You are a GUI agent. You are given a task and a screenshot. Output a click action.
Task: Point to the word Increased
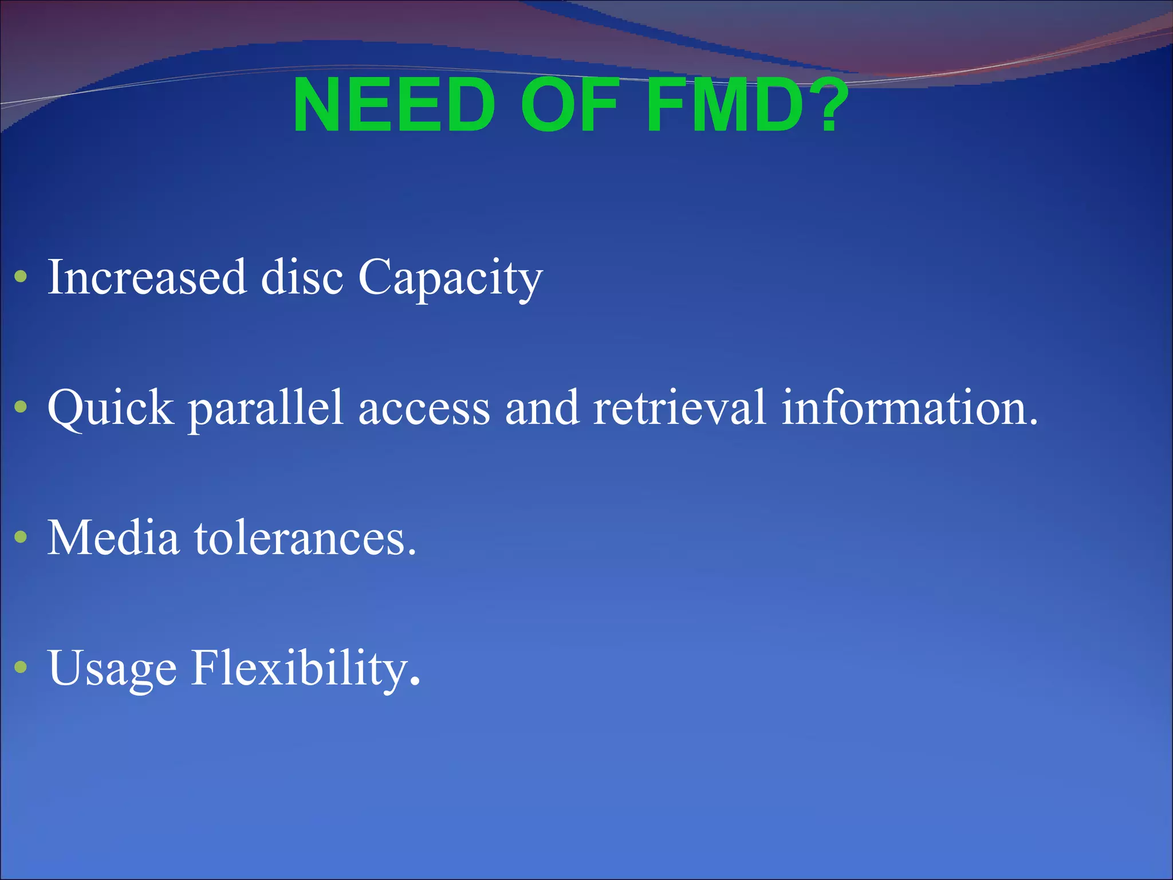(x=147, y=277)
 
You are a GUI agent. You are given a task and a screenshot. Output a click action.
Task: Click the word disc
(x=302, y=277)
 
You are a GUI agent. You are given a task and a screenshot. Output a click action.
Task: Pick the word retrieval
(x=679, y=408)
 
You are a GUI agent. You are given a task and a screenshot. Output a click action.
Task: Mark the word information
(x=909, y=408)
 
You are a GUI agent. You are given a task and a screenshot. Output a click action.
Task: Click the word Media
(x=113, y=538)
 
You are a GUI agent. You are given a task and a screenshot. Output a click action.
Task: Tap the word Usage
(x=112, y=669)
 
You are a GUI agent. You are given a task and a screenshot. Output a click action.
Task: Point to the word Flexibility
(x=305, y=669)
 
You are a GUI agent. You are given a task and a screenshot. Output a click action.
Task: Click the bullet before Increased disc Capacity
(x=21, y=277)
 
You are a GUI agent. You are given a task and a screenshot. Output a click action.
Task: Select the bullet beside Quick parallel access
(x=21, y=407)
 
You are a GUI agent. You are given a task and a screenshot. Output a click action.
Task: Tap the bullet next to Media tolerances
(x=21, y=537)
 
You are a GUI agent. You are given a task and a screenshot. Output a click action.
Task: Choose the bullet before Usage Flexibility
(x=21, y=667)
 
